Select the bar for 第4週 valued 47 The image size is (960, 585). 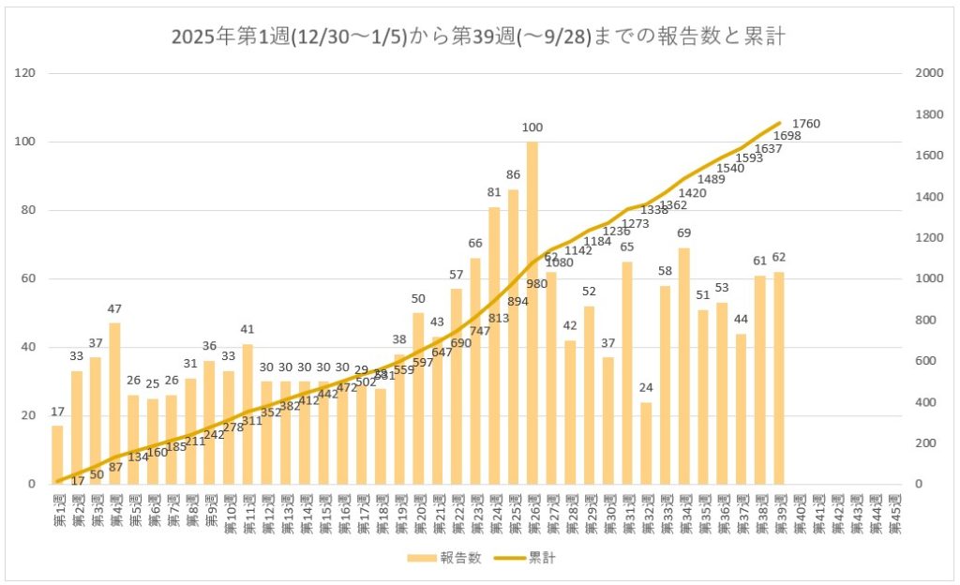[114, 403]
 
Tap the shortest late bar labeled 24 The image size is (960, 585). [647, 442]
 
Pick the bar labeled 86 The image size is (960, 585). [513, 337]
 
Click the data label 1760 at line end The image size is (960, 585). [807, 123]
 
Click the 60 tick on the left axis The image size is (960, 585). [30, 278]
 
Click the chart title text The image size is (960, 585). [478, 37]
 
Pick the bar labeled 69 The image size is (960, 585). [684, 366]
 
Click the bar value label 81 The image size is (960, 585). [494, 192]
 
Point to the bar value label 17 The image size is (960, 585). [57, 412]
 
